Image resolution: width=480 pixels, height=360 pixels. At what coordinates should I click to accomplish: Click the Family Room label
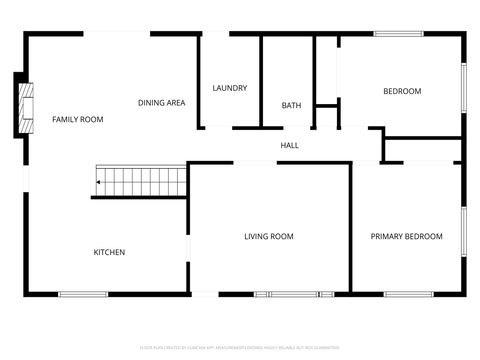78,120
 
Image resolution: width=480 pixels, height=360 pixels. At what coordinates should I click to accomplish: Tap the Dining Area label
161,102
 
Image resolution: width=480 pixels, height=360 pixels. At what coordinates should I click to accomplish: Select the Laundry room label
229,88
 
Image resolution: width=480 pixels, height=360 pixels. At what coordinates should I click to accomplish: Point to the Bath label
291,105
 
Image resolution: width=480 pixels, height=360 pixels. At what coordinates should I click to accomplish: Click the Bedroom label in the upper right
402,92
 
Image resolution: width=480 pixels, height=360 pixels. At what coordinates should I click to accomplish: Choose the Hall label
289,146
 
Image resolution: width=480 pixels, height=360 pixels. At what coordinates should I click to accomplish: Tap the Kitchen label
109,252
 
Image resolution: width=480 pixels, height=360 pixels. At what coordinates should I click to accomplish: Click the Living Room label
269,236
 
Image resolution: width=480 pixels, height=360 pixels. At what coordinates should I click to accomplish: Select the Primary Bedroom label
406,236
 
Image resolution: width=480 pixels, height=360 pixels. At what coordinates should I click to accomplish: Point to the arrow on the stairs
101,183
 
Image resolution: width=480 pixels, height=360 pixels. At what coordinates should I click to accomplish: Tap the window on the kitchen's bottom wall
82,294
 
